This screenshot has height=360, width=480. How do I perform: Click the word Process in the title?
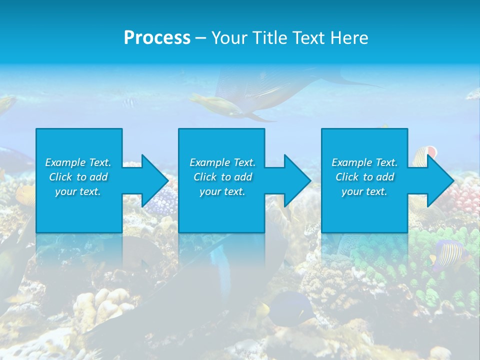coord(157,38)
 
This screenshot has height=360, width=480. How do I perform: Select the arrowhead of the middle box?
coord(296,180)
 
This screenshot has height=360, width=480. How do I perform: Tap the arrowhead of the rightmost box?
coord(439,180)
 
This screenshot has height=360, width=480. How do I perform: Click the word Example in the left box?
coord(65,162)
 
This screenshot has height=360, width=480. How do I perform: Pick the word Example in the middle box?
coord(209,162)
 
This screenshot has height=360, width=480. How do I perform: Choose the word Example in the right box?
coord(351,162)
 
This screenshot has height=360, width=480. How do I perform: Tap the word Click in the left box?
coord(60,177)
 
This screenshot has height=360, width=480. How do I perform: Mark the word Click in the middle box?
coord(204,177)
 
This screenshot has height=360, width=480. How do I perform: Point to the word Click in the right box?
coord(346,177)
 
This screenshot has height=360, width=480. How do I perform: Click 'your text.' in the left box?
coord(78,191)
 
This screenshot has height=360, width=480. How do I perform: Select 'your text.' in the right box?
coord(364,191)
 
